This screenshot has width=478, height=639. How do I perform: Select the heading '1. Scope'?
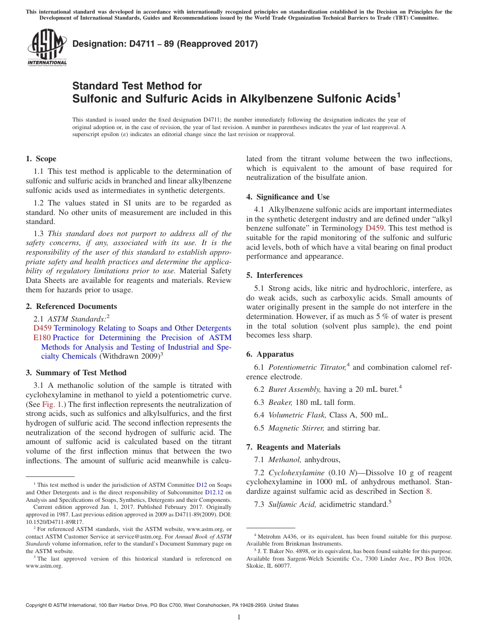tap(41, 159)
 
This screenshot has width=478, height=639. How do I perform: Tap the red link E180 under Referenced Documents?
tap(33, 338)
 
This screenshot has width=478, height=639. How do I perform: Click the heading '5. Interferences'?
tap(274, 275)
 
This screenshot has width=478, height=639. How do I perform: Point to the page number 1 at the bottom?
tap(239, 617)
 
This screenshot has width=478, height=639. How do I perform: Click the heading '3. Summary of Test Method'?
tap(76, 373)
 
